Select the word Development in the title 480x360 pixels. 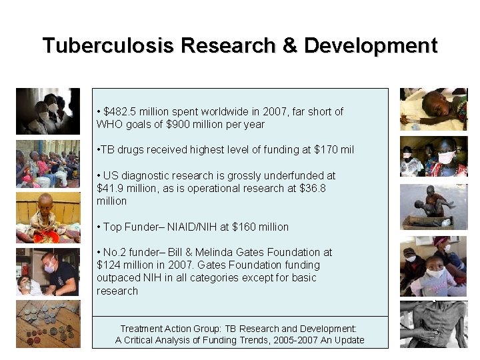(x=371, y=46)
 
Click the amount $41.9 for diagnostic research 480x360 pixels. (x=111, y=188)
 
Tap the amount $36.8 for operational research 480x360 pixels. (x=313, y=188)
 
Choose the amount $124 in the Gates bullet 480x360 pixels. (x=108, y=265)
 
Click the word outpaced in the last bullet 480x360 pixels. (x=117, y=277)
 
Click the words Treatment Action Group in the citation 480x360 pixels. (x=163, y=329)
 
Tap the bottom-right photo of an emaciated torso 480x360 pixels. (x=433, y=323)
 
